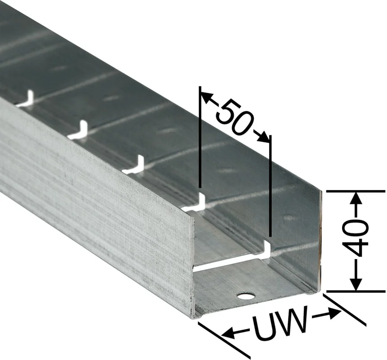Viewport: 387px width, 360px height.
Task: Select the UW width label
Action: point(281,324)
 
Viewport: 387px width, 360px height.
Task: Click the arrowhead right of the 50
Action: point(263,137)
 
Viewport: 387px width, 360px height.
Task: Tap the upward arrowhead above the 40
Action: point(356,198)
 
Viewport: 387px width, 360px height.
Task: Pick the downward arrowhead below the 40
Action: point(356,284)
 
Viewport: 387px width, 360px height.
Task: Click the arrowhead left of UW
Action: point(229,333)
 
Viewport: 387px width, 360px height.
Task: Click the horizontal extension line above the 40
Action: point(355,191)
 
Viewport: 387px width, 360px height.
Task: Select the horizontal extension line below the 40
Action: point(355,292)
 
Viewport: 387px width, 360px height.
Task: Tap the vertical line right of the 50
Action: point(270,186)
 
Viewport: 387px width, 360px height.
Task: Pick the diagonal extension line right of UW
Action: point(345,309)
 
